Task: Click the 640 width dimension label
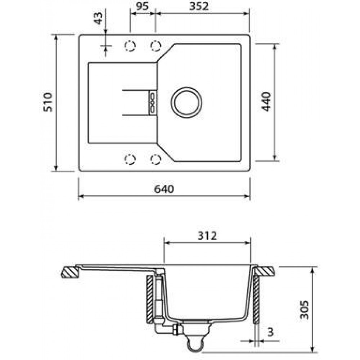pos(164,189)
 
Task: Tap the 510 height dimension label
pos(48,102)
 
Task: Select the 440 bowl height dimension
pos(266,102)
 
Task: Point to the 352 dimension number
pos(199,6)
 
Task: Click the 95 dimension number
pos(142,6)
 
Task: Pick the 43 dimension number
pos(98,18)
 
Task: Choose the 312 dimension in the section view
pos(207,235)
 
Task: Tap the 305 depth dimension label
pos(305,310)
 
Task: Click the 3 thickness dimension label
pos(271,332)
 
